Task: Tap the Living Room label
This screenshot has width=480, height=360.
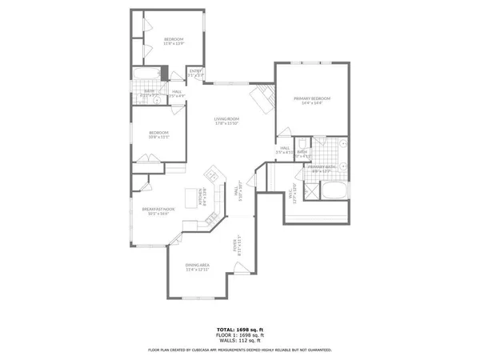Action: pos(226,121)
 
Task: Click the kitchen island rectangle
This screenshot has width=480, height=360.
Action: pos(191,197)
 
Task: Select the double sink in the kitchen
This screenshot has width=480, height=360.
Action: pos(213,176)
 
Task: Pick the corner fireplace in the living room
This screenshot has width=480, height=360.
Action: pos(260,100)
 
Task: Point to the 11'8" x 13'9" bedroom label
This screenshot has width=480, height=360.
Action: pos(174,41)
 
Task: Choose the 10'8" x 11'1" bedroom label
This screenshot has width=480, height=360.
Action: pos(158,134)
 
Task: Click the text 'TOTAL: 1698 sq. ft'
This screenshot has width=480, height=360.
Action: pos(240,330)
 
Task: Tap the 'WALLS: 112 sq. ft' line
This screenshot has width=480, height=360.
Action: pos(240,342)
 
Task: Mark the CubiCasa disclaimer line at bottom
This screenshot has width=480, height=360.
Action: pos(240,350)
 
